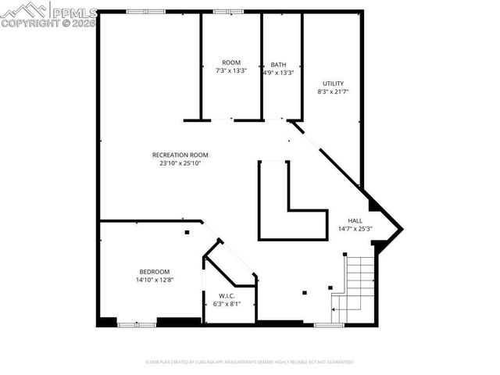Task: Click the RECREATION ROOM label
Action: [x=181, y=155]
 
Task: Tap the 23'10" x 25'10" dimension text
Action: [x=181, y=163]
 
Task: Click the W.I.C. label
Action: [x=227, y=295]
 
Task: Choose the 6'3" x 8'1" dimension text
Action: [x=227, y=303]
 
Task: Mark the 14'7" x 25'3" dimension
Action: [x=355, y=229]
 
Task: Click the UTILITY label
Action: [x=333, y=84]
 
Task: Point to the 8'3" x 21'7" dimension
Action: [x=333, y=91]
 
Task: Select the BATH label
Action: [x=278, y=65]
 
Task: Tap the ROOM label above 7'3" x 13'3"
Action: [x=231, y=62]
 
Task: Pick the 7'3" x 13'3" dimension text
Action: [x=231, y=70]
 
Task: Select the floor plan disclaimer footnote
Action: [x=250, y=362]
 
